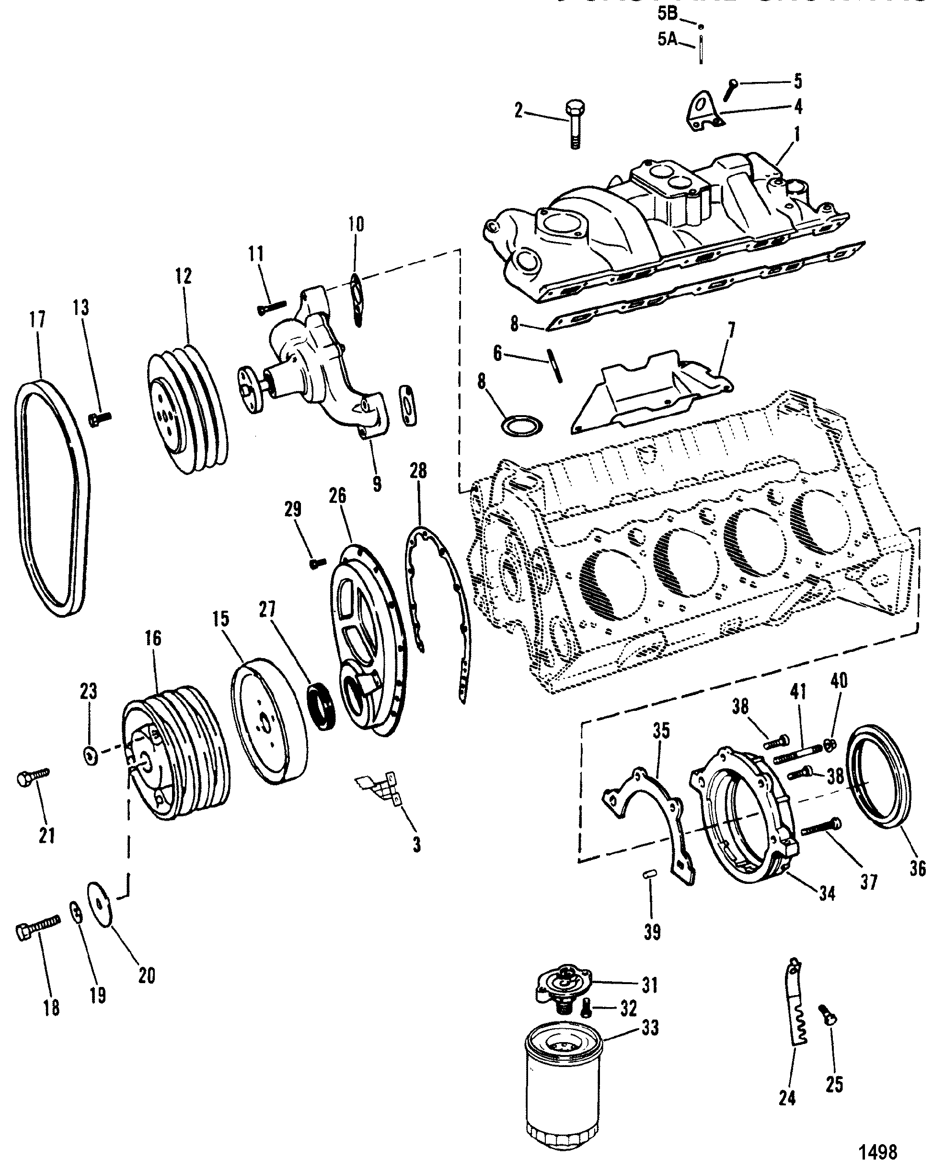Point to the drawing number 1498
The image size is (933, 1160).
pos(877,1150)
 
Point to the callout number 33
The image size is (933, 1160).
pos(650,1029)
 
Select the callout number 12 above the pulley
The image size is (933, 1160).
pos(183,276)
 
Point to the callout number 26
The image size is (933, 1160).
pos(338,496)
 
